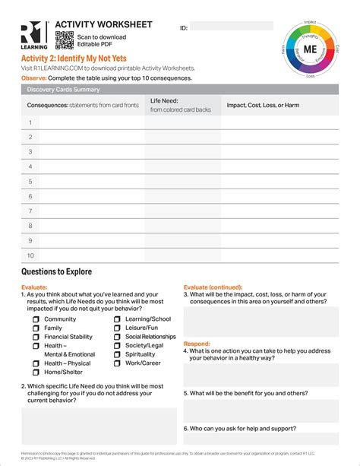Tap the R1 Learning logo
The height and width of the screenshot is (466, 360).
tap(35, 35)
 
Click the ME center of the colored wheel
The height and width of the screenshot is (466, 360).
tap(310, 47)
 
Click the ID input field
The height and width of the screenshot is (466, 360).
tap(231, 27)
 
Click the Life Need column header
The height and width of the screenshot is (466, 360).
tap(166, 100)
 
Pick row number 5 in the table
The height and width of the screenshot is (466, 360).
tap(31, 182)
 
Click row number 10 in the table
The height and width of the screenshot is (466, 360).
tap(31, 255)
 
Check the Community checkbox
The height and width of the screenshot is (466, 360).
tap(36, 319)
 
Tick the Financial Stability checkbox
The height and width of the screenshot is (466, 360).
tap(36, 337)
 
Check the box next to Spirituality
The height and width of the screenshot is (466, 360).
tap(118, 354)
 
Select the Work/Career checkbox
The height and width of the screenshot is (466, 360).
tap(118, 363)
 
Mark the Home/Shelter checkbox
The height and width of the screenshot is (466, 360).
tap(36, 372)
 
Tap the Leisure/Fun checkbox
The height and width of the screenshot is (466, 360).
tap(118, 328)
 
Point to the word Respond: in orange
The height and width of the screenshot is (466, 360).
tap(197, 344)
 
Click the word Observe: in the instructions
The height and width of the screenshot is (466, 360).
tap(33, 78)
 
